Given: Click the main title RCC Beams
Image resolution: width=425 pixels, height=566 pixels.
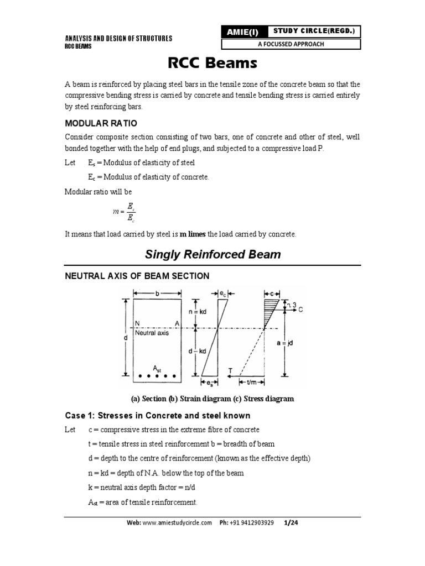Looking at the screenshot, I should pos(212,63).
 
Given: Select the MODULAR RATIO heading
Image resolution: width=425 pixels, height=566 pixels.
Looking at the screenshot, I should pos(101,123).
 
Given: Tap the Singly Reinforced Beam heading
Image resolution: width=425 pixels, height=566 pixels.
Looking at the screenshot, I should pos(212,255).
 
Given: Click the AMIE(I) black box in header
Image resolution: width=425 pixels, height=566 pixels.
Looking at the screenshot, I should pos(242,32).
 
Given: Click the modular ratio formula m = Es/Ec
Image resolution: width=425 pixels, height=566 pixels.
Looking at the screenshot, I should pos(123,211).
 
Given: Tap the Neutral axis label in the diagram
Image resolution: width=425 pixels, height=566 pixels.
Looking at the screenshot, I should pos(152,333).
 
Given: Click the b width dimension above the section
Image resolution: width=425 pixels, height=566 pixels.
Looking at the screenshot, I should pos(157,295).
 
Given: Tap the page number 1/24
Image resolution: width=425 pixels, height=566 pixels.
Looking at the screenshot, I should pos(291,522).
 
